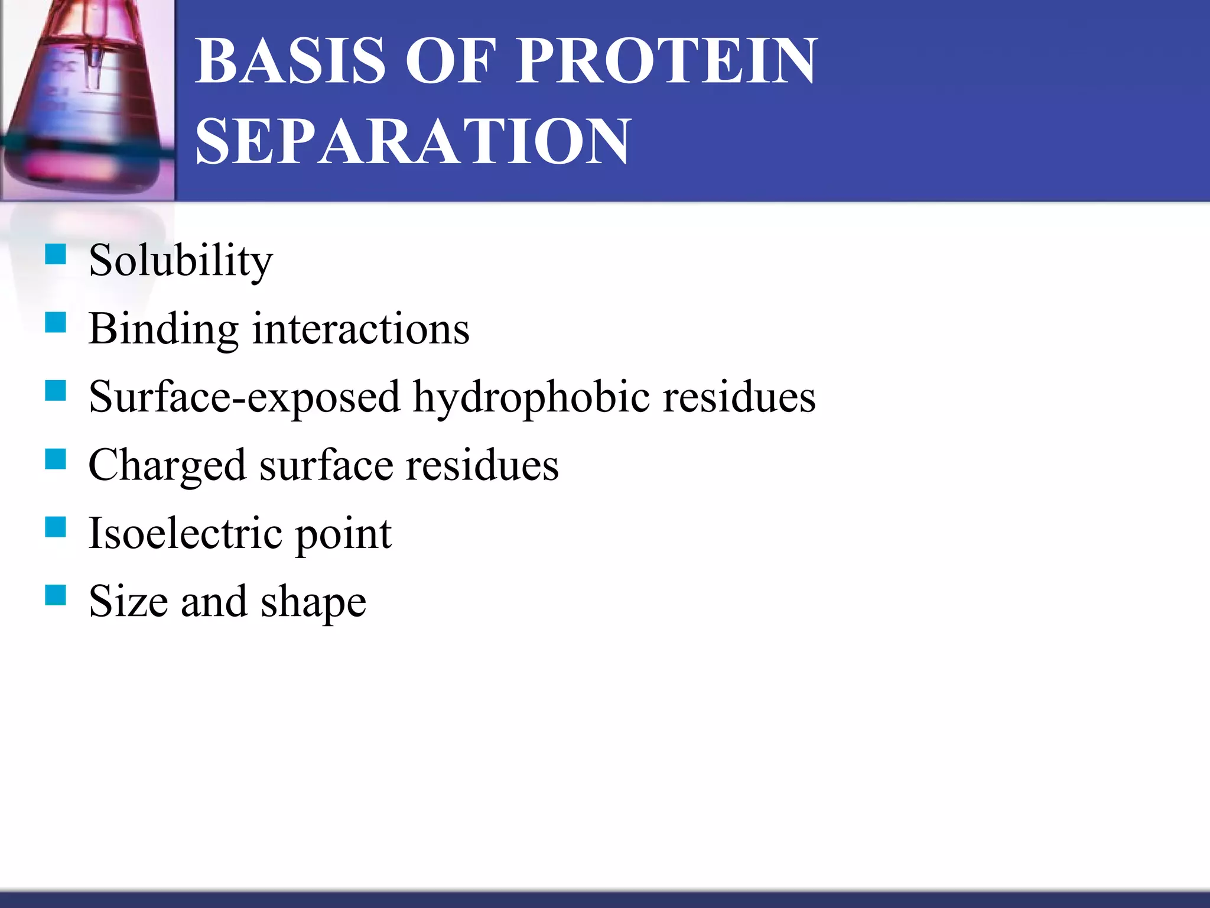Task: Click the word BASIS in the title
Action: pos(290,61)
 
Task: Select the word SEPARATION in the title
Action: pos(413,141)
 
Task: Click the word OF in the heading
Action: pos(451,61)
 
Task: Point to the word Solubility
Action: pos(181,261)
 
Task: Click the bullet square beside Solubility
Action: pos(56,254)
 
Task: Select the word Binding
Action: pos(163,329)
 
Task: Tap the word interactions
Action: pos(360,329)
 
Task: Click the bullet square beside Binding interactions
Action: pos(56,323)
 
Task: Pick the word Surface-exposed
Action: pos(244,397)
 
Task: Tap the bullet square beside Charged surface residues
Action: pos(56,459)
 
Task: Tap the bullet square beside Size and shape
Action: pos(56,595)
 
